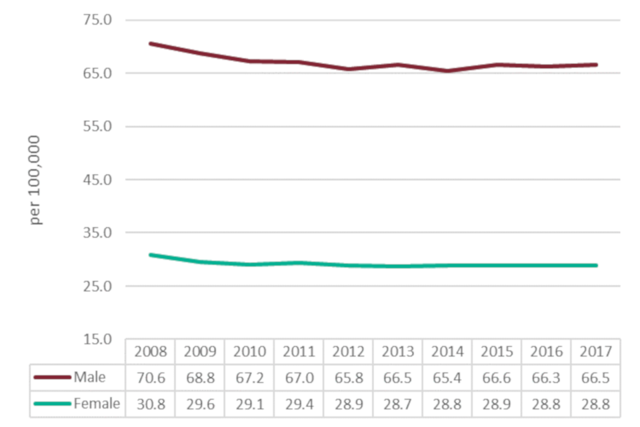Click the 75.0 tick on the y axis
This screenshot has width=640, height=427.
[x=97, y=20]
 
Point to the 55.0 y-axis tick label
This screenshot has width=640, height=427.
[x=97, y=127]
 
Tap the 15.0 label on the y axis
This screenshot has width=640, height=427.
[x=97, y=340]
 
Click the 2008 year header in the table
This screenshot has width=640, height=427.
[x=151, y=352]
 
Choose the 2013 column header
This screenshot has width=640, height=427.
[x=398, y=352]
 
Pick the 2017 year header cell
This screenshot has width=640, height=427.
[x=596, y=352]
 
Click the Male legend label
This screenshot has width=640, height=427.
[x=89, y=377]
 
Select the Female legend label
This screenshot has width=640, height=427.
[x=97, y=403]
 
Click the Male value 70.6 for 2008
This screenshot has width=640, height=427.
[x=151, y=378]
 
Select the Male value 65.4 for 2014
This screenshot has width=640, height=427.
[x=447, y=378]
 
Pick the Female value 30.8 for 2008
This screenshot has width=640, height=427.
[x=151, y=404]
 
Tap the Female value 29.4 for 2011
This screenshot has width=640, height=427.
[x=299, y=404]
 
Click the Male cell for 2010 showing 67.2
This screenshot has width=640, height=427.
[x=249, y=378]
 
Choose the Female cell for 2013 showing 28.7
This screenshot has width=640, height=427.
[x=398, y=404]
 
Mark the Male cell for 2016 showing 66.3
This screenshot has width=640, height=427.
[x=547, y=378]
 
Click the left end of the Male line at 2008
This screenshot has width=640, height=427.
[x=151, y=43]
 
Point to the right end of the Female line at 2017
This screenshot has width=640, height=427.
[x=596, y=266]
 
